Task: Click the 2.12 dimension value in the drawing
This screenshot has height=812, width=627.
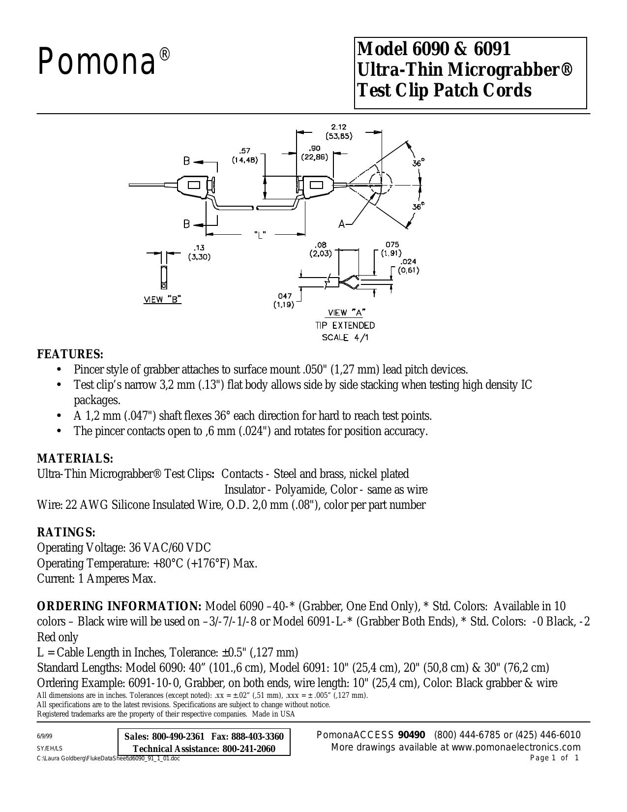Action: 339,127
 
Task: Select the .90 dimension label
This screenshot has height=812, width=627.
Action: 314,148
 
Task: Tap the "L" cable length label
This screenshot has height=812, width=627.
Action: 260,235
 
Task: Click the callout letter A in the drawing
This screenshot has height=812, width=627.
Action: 341,224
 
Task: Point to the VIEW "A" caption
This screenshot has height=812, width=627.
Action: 346,312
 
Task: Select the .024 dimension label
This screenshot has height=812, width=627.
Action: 409,262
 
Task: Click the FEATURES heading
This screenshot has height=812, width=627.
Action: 70,354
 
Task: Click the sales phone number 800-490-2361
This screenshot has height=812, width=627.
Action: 179,737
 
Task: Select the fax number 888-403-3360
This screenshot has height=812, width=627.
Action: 258,737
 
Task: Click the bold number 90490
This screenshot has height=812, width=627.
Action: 412,735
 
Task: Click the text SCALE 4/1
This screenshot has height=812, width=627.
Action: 346,338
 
